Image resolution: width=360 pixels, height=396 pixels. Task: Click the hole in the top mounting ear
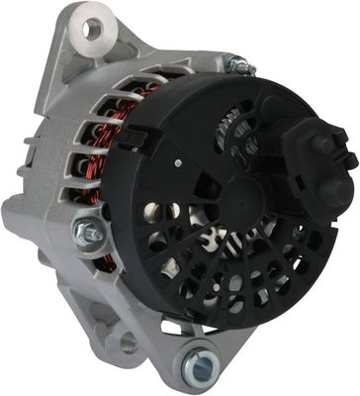[92, 29]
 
